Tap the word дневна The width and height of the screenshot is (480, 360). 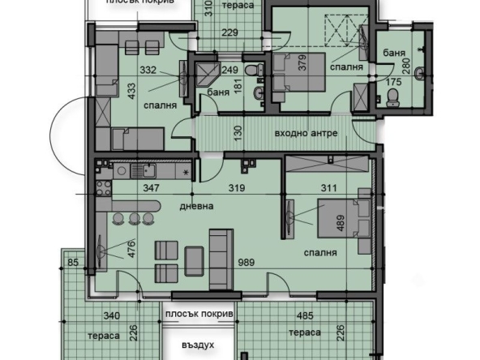pos(196,207)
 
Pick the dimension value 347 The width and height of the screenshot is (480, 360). pos(149,188)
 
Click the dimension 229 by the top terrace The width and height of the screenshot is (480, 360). pos(230,32)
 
